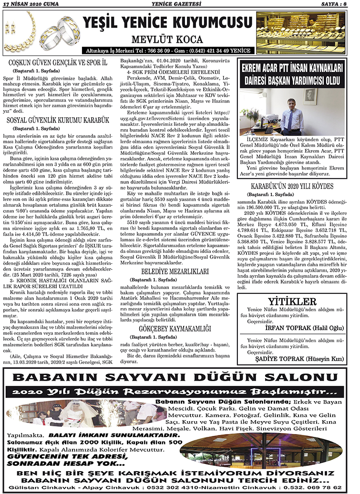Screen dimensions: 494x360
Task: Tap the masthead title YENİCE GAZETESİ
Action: point(180,4)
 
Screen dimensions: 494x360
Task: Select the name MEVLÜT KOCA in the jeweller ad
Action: point(167,38)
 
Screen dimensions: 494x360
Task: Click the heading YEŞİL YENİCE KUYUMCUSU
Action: point(167,22)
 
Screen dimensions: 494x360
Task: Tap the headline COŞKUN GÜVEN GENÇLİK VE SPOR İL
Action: point(60,62)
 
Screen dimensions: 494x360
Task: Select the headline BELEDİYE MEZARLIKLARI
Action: point(180,269)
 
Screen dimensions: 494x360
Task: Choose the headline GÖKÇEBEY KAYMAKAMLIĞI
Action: point(180,329)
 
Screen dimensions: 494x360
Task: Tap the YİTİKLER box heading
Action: point(292,302)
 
